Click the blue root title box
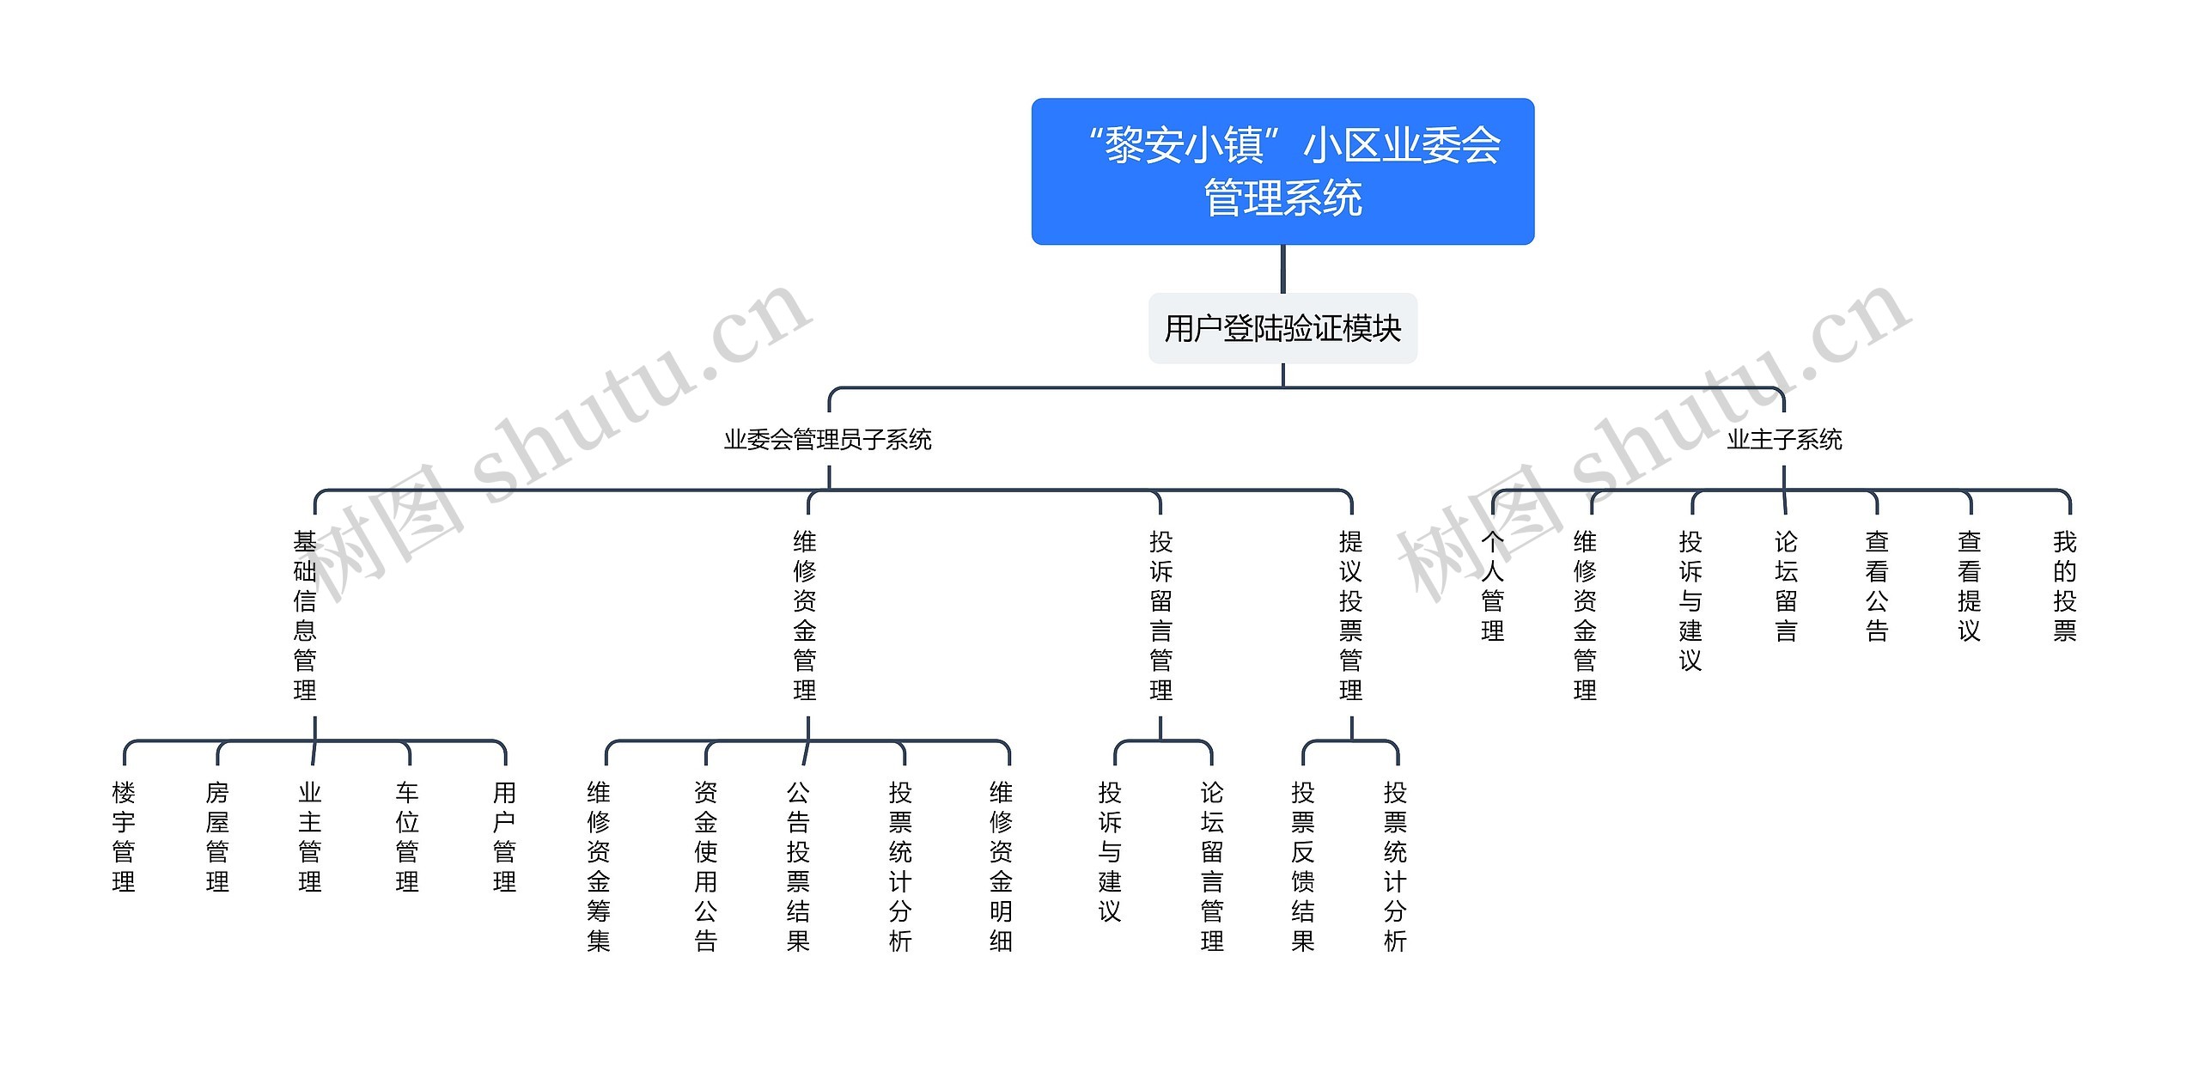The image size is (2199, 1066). click(1282, 171)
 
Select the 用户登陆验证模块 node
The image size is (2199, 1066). click(1282, 328)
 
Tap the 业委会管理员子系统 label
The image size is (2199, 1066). click(827, 440)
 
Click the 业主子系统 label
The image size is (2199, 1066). click(1784, 440)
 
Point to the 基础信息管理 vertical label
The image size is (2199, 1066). click(305, 616)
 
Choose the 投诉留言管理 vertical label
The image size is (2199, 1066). click(1160, 616)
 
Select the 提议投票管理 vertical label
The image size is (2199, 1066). click(1350, 616)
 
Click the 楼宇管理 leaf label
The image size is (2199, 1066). click(124, 837)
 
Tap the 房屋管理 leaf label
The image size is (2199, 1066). click(217, 837)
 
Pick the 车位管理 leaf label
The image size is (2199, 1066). click(407, 837)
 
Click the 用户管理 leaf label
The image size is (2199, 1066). click(504, 837)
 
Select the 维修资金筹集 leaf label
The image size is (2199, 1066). click(599, 867)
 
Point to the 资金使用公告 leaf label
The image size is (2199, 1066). click(705, 867)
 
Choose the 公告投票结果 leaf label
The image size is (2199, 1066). click(798, 867)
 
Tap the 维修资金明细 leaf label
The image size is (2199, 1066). click(1001, 867)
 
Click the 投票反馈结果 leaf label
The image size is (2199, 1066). click(1302, 867)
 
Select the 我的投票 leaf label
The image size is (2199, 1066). click(2065, 586)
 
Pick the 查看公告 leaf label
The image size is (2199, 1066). click(1877, 586)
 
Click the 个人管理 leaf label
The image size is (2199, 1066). click(1493, 586)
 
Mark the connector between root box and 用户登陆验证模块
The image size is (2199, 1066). click(1282, 269)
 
